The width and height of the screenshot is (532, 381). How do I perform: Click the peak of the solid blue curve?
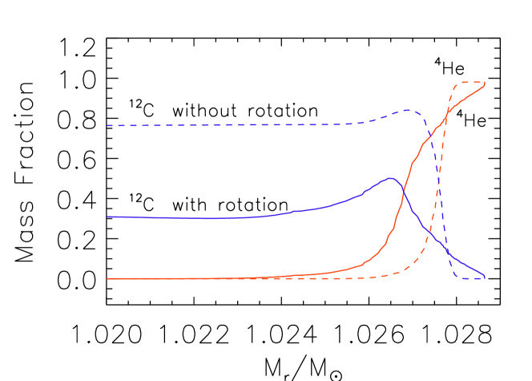click(390, 178)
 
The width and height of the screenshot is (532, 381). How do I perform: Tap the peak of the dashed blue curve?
click(408, 110)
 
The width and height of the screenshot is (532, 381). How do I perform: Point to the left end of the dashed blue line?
click(107, 125)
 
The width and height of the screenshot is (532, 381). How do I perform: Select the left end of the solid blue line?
click(107, 217)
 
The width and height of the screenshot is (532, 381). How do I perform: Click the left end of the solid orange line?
click(107, 278)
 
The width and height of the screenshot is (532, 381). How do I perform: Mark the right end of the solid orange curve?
click(484, 85)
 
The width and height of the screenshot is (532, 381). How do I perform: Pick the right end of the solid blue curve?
click(484, 276)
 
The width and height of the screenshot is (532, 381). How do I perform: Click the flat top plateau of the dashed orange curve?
click(469, 83)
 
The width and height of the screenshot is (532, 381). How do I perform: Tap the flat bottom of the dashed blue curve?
click(469, 278)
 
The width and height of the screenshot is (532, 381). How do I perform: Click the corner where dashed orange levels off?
click(456, 83)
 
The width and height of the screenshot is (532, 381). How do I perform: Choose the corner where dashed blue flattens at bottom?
click(456, 277)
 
